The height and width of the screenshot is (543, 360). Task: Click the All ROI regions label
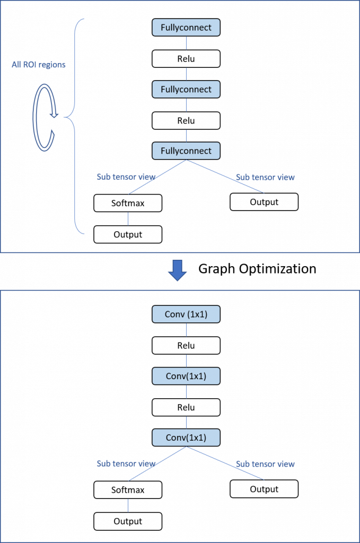coord(38,65)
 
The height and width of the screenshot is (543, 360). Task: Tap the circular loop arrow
coord(35,118)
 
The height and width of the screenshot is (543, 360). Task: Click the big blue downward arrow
coord(177,270)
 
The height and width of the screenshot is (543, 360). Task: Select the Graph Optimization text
coord(257,269)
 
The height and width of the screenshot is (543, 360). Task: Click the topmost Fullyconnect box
coord(186,28)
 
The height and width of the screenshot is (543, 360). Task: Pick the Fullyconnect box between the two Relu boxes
coord(186,89)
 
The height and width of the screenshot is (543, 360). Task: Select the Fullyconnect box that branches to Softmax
coord(186,151)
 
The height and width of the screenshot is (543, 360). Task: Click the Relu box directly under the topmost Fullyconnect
coord(186,58)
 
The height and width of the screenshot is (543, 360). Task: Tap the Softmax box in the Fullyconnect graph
coord(128,203)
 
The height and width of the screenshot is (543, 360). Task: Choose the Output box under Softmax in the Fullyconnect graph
coord(128,234)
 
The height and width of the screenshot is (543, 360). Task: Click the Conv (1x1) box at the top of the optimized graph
coord(186,314)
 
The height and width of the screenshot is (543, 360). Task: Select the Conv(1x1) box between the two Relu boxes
coord(186,376)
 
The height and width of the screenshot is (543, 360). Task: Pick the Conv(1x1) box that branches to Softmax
coord(186,437)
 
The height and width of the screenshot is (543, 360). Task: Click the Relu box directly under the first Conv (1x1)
coord(186,345)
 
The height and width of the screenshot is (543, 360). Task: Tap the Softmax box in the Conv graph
coord(128,489)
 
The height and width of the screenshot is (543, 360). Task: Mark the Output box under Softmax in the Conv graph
coord(128,521)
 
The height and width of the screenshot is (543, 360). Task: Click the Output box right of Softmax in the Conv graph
coord(264,489)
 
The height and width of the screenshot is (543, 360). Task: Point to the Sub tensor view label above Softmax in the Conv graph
coord(126,463)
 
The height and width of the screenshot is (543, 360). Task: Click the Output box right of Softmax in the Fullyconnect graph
coord(264,202)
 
